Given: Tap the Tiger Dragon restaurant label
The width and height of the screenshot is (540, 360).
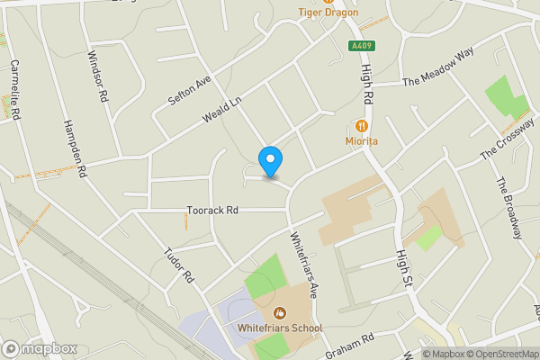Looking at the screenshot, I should tap(328, 13).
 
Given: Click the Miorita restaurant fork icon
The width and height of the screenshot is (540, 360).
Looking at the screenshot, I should tap(361, 126).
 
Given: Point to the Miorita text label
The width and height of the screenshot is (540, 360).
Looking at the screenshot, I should tap(361, 141).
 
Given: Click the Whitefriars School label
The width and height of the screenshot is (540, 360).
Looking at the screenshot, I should tap(280, 328).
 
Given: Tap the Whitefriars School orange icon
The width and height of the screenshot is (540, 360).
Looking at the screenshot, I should tap(280, 313).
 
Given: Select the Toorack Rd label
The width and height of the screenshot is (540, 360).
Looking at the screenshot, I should tap(212, 210).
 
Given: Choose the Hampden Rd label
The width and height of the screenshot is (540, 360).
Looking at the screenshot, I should tap(75, 147).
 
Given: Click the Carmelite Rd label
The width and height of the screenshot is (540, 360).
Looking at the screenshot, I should tap(14, 89).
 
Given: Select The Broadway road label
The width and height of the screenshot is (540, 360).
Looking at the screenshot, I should tap(508, 208).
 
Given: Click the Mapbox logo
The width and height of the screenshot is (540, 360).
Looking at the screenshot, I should tap(40, 348).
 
